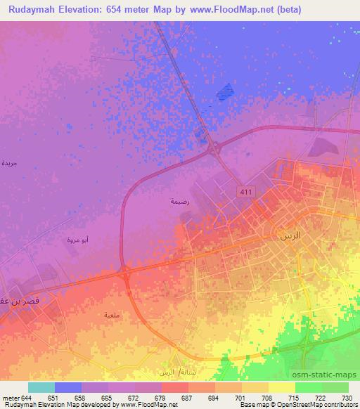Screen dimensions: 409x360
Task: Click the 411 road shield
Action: (x=243, y=191)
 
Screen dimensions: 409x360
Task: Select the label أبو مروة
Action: (x=77, y=240)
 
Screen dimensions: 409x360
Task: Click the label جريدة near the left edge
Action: (x=9, y=163)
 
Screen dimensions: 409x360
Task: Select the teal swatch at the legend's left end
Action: (x=41, y=387)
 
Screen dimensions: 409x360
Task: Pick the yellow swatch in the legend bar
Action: (x=282, y=387)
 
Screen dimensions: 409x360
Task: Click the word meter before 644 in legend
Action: (x=12, y=398)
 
